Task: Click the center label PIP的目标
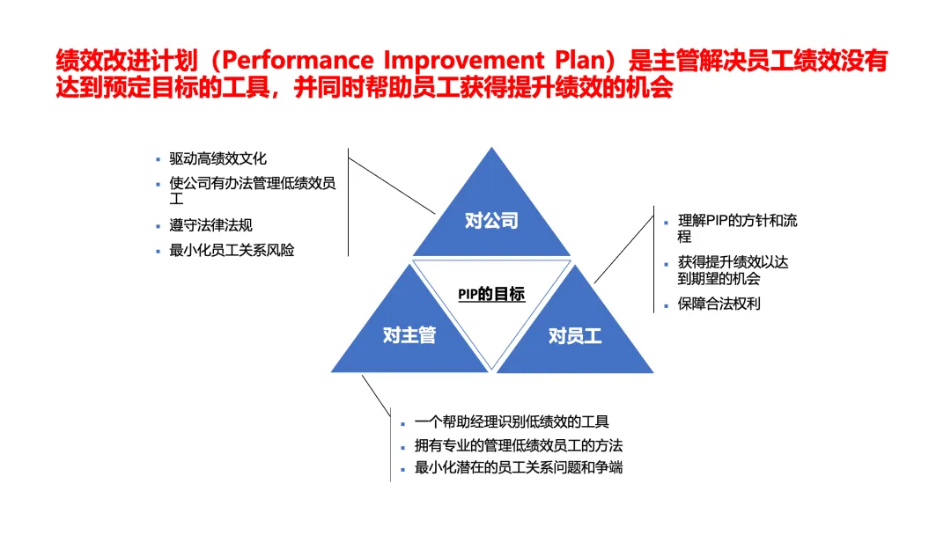491,295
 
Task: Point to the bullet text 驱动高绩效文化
217,159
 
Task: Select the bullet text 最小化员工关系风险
232,250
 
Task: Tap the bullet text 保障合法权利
719,304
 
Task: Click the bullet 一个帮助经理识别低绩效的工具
512,422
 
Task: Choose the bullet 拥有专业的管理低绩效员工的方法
519,445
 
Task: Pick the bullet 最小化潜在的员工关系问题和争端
519,467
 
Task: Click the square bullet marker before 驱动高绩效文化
158,159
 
